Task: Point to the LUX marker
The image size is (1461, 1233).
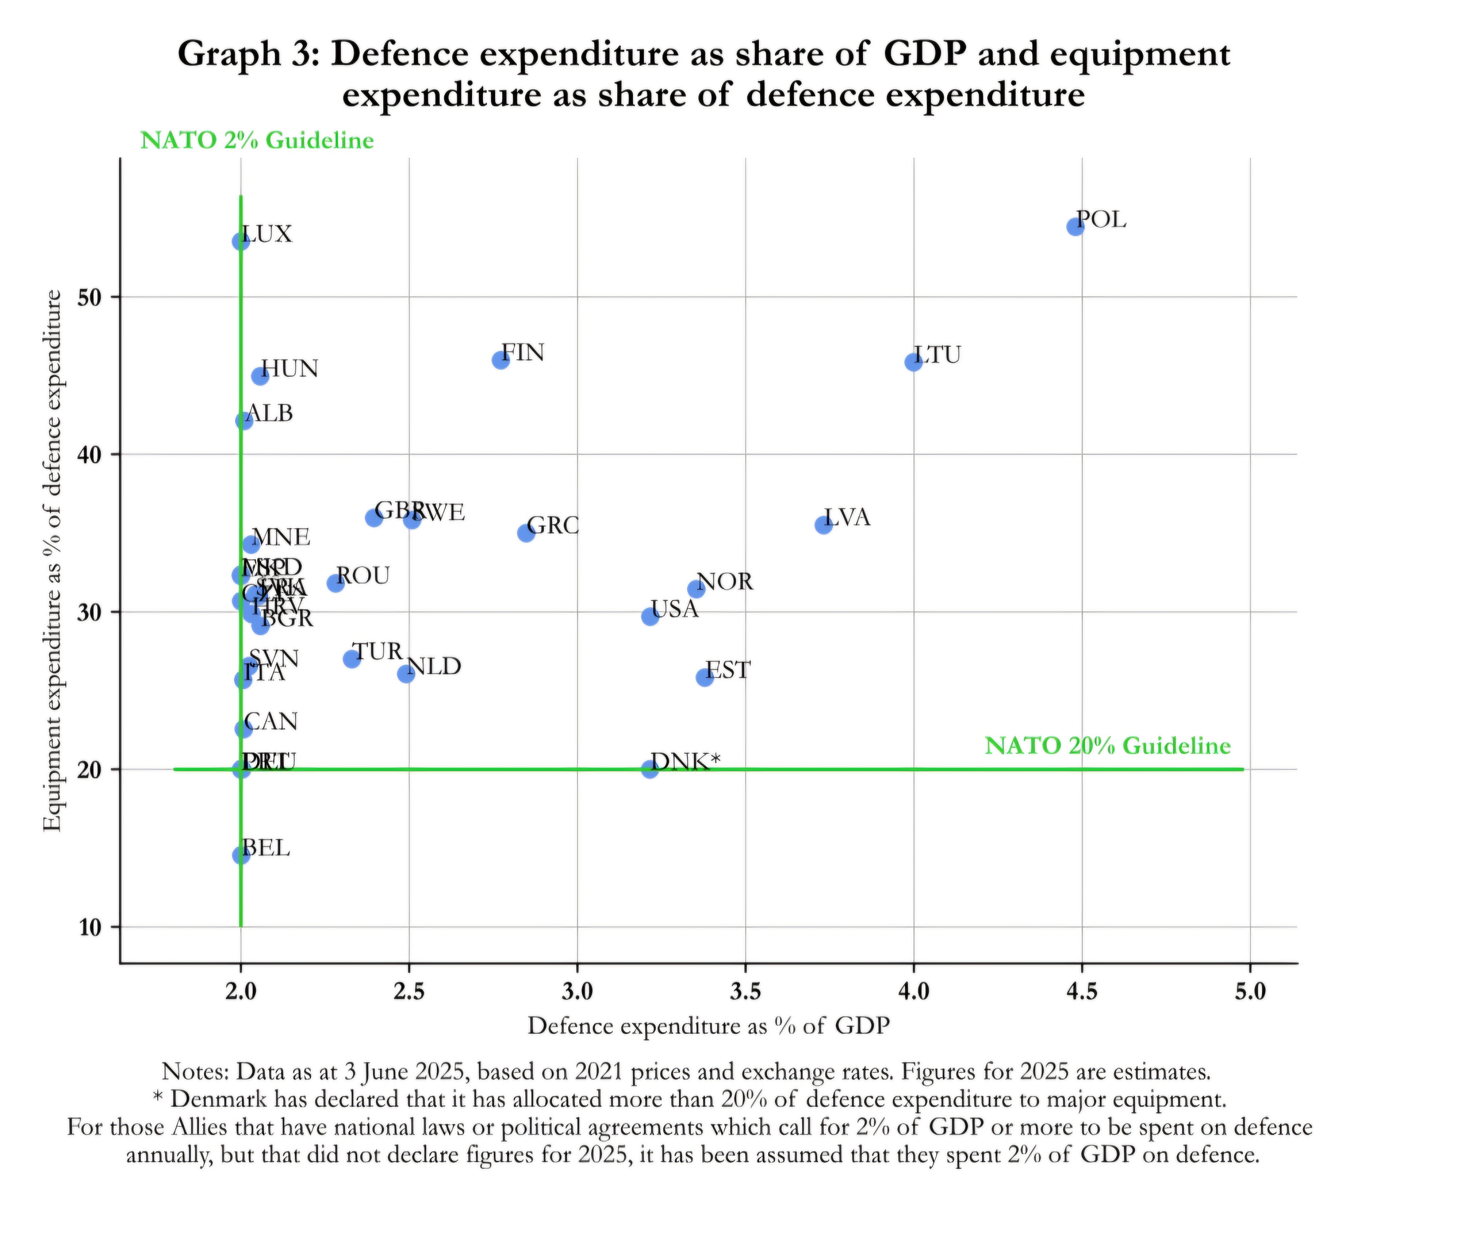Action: pyautogui.click(x=240, y=241)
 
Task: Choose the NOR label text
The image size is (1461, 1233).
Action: pyautogui.click(x=724, y=582)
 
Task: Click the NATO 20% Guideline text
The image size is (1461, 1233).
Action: pyautogui.click(x=1107, y=746)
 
